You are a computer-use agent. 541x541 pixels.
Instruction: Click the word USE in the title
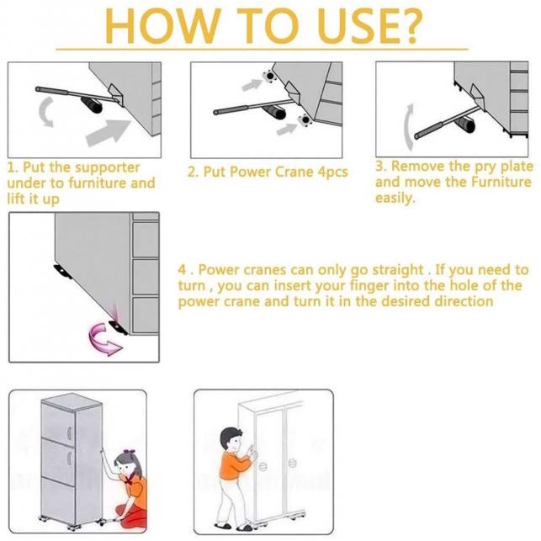point(348,25)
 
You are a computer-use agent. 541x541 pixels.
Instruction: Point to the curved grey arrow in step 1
point(46,111)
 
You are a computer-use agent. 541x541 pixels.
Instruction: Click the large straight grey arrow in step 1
point(109,132)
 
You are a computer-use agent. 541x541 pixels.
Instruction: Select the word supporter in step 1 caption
point(108,168)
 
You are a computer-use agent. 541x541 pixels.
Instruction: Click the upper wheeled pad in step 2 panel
point(268,76)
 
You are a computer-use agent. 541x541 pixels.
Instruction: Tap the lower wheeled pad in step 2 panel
point(305,119)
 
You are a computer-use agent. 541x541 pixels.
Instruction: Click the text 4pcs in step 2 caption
point(332,172)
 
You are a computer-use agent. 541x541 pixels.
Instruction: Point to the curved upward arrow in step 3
point(409,127)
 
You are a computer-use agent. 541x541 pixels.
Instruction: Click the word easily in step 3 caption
point(395,199)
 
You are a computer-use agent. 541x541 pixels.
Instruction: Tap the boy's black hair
point(230,436)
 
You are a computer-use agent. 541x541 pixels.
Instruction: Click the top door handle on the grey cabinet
point(69,433)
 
